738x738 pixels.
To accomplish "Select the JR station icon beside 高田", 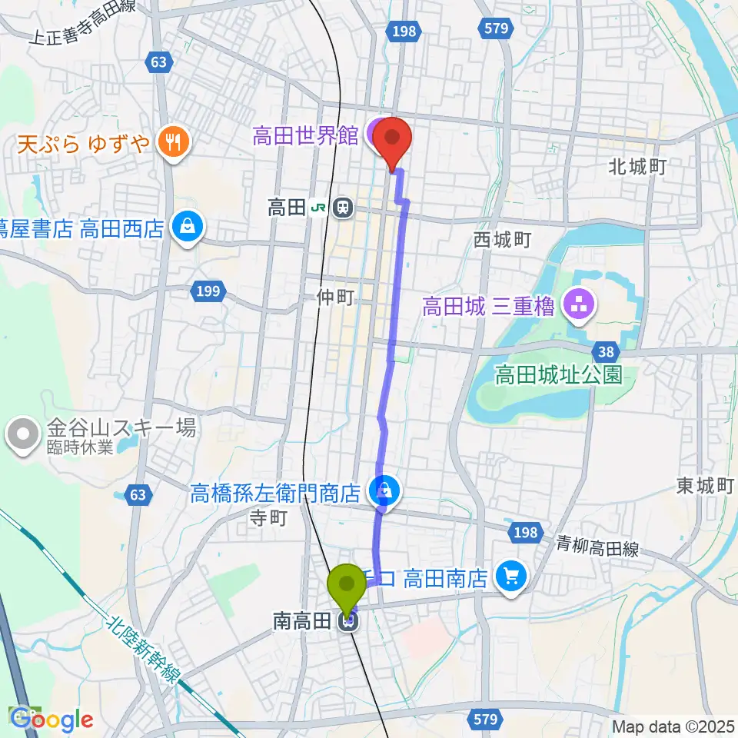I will pyautogui.click(x=343, y=207).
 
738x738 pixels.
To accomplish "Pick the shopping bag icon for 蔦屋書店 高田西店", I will pyautogui.click(x=186, y=227).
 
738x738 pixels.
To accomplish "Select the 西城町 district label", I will pyautogui.click(x=502, y=241).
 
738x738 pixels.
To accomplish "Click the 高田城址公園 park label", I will pyautogui.click(x=557, y=375).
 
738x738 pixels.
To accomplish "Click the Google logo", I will pyautogui.click(x=52, y=720).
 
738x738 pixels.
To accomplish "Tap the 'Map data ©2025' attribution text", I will pyautogui.click(x=673, y=725).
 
